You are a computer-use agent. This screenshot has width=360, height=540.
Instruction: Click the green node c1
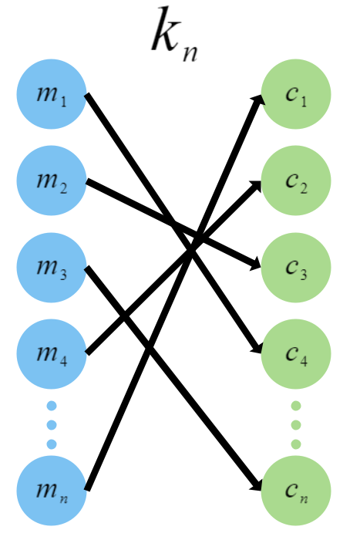coord(297,97)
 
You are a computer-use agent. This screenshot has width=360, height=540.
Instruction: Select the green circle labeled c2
coord(297,184)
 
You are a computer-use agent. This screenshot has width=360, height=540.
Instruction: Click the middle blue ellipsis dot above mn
coord(52,424)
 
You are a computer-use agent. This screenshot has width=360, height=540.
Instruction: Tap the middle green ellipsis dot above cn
coord(297,424)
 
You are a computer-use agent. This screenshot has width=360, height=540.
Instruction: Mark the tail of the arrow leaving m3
coord(86,268)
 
